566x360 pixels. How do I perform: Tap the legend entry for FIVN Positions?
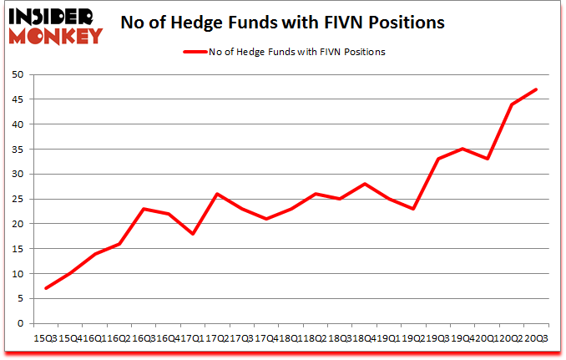[x=284, y=52]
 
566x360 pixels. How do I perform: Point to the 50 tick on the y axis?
[x=16, y=74]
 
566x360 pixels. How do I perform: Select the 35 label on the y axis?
[x=16, y=150]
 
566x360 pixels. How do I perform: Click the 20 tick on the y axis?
[x=16, y=224]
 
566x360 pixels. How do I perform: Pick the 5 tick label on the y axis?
[x=19, y=299]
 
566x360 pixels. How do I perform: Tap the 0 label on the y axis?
[x=19, y=324]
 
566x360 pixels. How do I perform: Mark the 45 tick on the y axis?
[x=16, y=99]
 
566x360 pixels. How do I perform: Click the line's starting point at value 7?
[x=46, y=288]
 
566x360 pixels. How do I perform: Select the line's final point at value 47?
[x=536, y=89]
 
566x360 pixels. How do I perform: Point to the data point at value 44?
[x=512, y=104]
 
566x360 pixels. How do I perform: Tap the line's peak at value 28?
[x=365, y=184]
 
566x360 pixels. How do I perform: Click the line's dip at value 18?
[x=193, y=234]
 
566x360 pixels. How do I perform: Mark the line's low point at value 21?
[x=266, y=219]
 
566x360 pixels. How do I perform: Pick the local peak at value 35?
[x=462, y=149]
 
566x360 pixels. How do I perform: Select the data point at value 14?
[x=95, y=254]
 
